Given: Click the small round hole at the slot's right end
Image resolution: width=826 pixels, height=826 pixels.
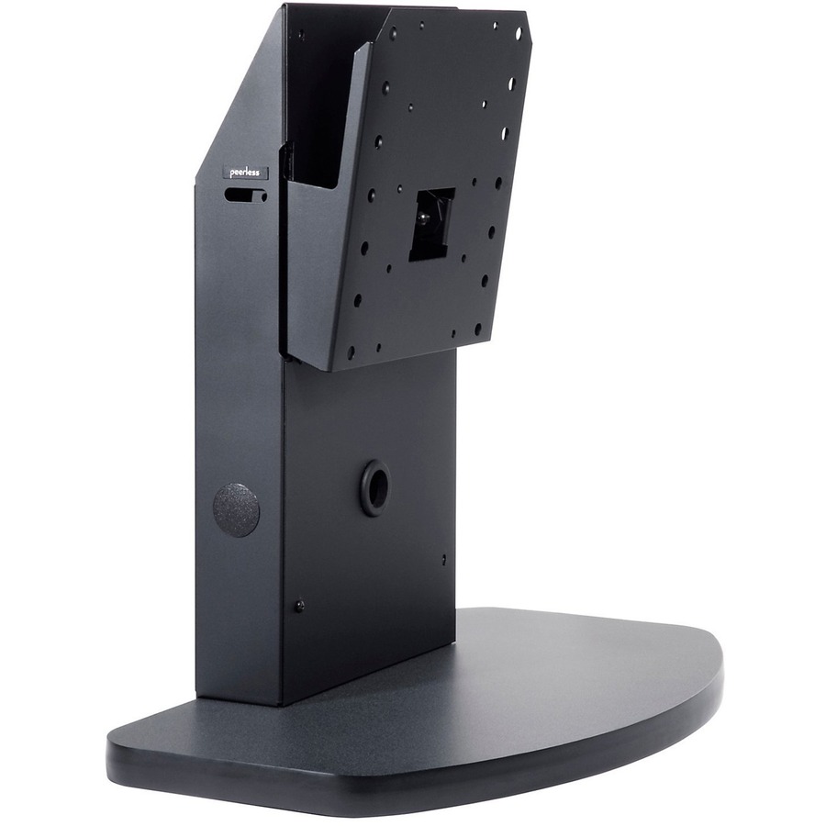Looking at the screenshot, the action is tap(262, 197).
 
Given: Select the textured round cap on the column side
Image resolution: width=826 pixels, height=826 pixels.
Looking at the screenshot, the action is tap(237, 509).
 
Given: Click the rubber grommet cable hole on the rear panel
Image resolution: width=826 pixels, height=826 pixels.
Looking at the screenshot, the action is tap(375, 482).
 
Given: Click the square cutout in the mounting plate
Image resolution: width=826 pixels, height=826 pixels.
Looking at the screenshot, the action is tap(432, 225).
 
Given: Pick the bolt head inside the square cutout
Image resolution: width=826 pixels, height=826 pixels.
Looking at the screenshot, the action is tap(422, 217).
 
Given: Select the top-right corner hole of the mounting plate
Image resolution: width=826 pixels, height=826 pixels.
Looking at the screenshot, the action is tap(519, 32).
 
